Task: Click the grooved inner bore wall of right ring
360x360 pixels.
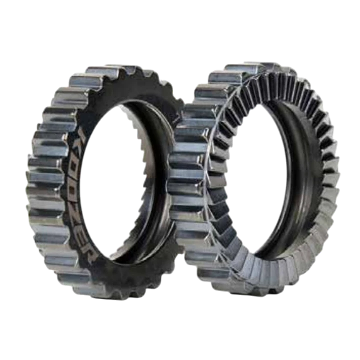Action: point(300,190)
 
